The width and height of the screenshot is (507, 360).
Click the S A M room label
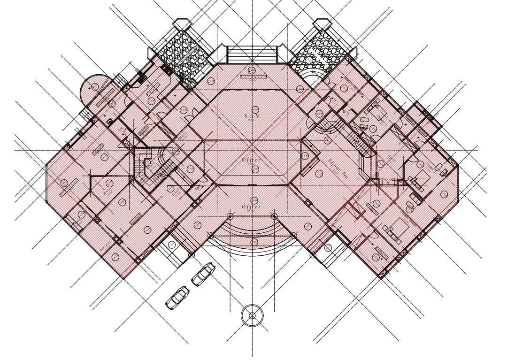point(252,115)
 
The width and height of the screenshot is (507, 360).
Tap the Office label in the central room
point(252,161)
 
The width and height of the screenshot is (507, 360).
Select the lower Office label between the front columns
point(252,207)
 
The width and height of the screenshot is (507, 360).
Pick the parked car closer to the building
point(203,275)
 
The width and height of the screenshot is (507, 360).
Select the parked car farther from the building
point(177,297)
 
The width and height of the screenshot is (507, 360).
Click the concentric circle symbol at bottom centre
point(252,315)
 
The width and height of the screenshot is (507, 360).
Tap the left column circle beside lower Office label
point(230,216)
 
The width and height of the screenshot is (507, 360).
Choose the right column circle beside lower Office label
point(275,216)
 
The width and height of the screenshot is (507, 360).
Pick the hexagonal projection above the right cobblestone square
point(323,24)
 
